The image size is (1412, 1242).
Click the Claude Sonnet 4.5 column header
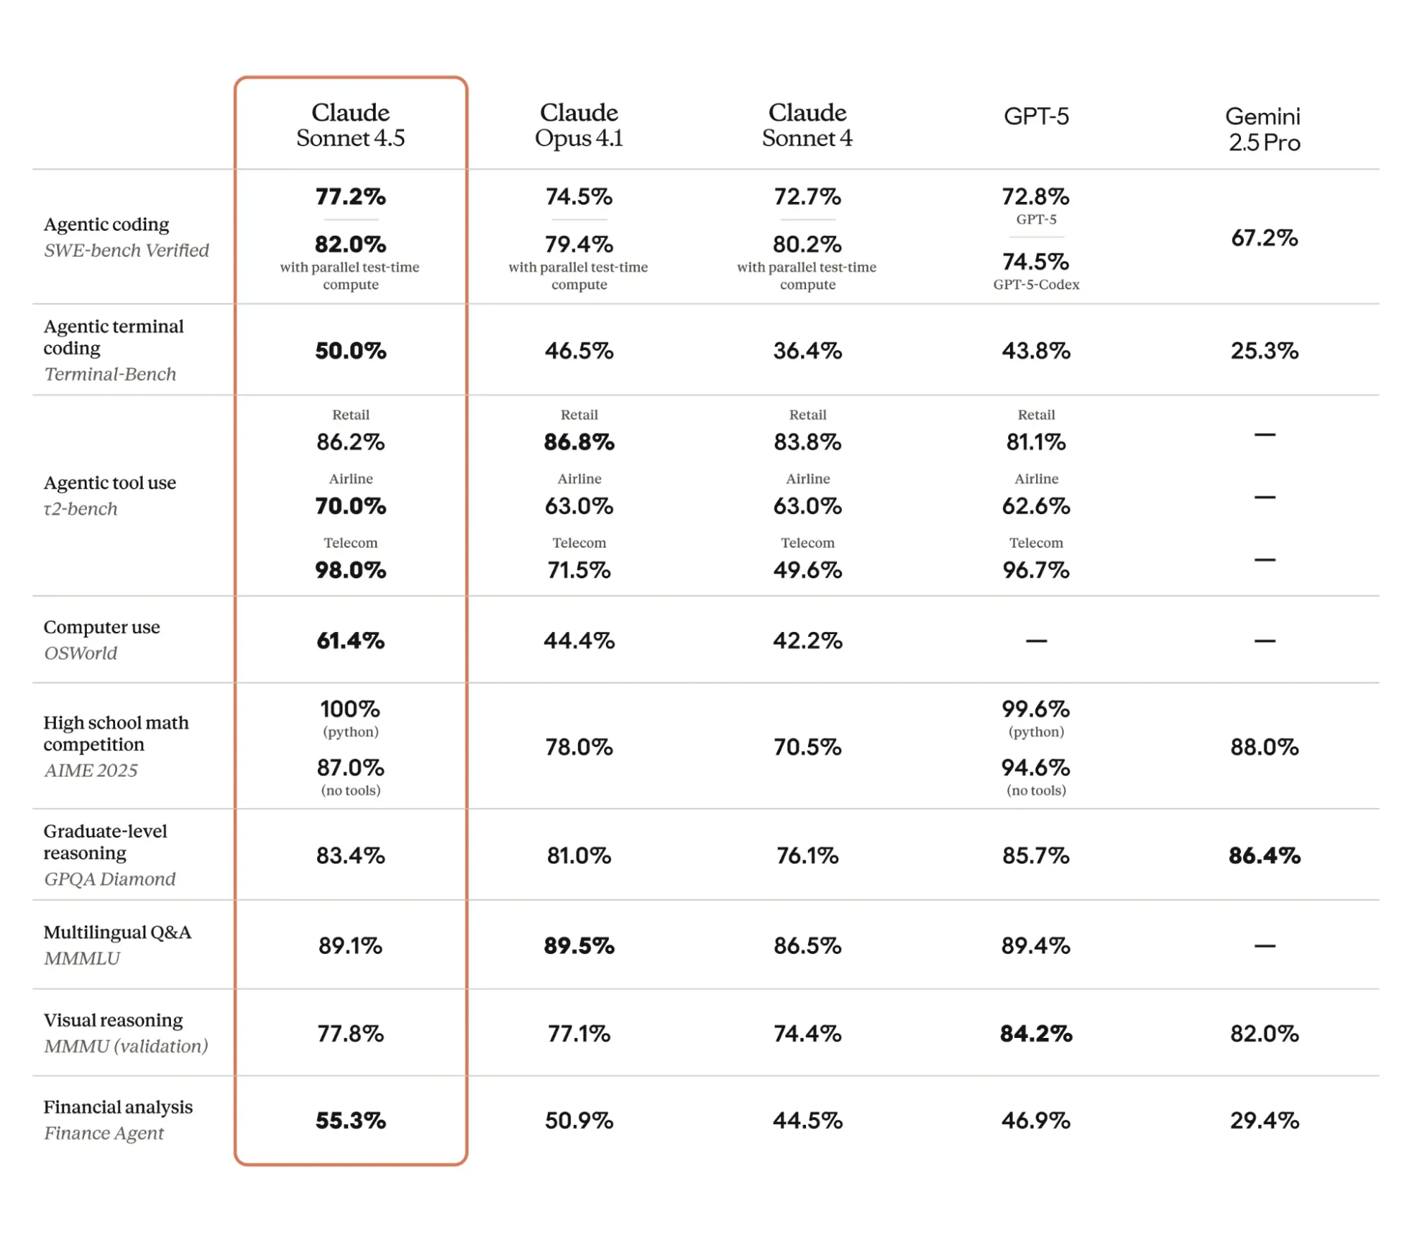click(x=350, y=125)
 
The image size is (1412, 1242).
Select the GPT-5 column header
click(x=1036, y=117)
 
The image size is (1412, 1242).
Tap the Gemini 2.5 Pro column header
click(x=1264, y=129)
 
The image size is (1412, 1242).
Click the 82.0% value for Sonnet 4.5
click(x=350, y=244)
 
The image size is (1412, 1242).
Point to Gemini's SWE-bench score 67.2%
click(x=1264, y=238)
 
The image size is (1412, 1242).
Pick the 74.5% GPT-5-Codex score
click(x=1036, y=262)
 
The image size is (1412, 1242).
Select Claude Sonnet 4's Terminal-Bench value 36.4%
click(x=807, y=351)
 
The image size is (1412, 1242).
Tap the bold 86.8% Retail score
click(x=579, y=442)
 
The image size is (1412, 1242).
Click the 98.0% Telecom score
click(x=350, y=570)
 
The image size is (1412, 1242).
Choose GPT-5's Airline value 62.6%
click(x=1036, y=506)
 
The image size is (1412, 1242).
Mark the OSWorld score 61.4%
click(x=350, y=640)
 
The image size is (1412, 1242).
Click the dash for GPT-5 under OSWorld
click(x=1036, y=641)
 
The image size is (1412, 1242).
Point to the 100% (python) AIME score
click(x=350, y=709)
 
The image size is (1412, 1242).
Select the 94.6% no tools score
click(x=1036, y=768)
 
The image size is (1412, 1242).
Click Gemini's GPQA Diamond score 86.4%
click(x=1264, y=856)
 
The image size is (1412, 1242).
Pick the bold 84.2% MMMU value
click(x=1036, y=1034)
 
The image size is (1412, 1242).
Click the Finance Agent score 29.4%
click(x=1264, y=1121)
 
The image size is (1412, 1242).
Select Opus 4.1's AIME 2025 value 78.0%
click(x=579, y=747)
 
